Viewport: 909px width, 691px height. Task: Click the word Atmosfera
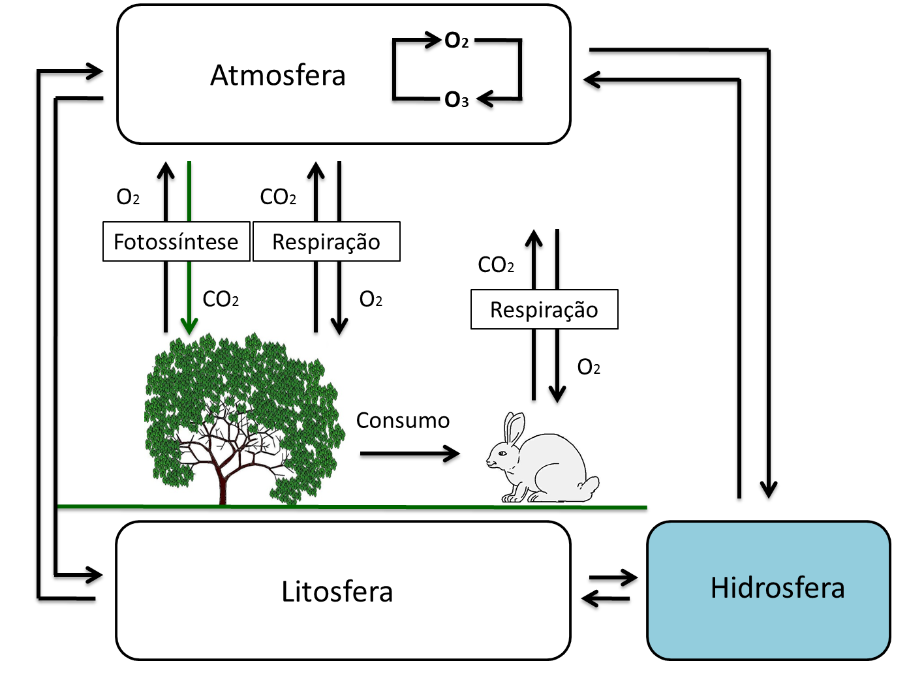[x=277, y=75]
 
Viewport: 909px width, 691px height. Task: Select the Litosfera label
[x=337, y=591]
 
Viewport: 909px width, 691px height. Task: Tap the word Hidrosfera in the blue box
[x=777, y=587]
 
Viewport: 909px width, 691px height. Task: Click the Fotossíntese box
[x=176, y=242]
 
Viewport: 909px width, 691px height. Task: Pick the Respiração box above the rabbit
[x=544, y=309]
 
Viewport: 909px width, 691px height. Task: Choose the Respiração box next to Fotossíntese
[x=326, y=242]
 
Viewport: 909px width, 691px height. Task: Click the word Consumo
[x=403, y=420]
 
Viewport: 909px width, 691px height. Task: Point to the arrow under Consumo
[x=410, y=453]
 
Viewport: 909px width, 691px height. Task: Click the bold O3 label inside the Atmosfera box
[x=456, y=100]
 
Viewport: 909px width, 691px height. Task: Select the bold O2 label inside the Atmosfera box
[x=456, y=41]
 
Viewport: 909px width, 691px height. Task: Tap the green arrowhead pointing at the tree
[x=189, y=326]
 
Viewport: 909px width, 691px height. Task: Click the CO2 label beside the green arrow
[x=221, y=299]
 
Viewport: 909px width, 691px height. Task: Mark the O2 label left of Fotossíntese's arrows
[x=128, y=197]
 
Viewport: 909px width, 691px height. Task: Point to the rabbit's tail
[x=591, y=486]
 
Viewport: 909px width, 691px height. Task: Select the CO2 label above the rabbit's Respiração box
[x=496, y=265]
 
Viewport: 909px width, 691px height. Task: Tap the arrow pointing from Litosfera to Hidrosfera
[x=613, y=577]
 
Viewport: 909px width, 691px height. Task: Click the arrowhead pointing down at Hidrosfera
[x=769, y=489]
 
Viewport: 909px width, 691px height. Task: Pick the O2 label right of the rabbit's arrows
[x=589, y=367]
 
